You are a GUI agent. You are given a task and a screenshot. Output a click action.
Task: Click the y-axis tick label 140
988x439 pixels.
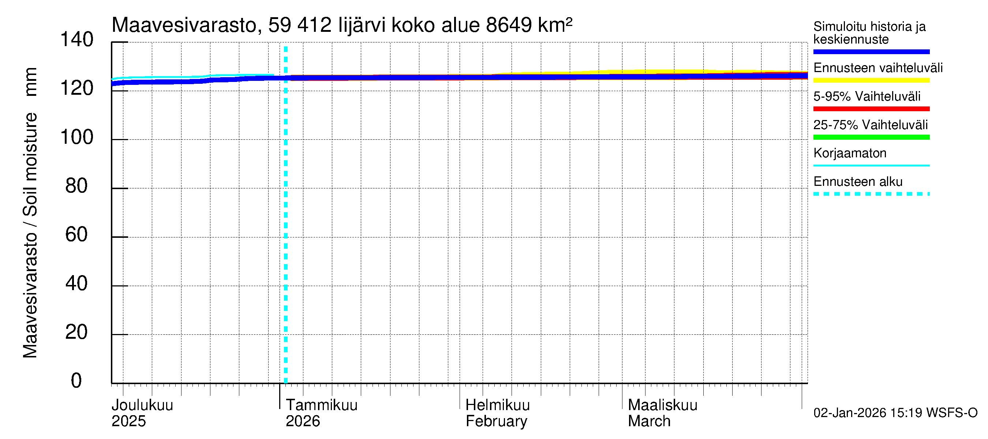pos(77,40)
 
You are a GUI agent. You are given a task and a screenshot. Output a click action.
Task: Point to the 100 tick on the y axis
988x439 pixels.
pos(77,137)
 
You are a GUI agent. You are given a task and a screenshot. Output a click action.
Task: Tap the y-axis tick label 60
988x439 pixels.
pos(76,234)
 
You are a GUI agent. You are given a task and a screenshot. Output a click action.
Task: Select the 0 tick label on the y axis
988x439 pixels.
pos(76,381)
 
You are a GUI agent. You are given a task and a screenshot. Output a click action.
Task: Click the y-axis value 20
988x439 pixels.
pos(76,332)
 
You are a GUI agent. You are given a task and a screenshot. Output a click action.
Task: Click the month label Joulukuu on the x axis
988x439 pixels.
pos(142,405)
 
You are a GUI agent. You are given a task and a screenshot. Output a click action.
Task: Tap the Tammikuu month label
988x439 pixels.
pos(321,405)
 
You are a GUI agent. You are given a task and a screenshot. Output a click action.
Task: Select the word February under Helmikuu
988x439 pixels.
pos(496,421)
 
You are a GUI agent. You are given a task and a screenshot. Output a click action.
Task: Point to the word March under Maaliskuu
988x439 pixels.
pos(649,421)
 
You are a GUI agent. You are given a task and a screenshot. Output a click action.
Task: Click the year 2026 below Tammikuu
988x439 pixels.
pos(303,421)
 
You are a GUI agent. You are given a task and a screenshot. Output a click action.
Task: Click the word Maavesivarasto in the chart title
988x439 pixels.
pos(184,25)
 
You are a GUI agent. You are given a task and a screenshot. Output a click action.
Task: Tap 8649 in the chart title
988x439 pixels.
pos(509,25)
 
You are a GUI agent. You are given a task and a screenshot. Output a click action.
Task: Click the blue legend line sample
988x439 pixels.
pos(871,52)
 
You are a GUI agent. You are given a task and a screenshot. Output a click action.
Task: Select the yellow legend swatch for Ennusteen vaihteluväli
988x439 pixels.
pos(871,80)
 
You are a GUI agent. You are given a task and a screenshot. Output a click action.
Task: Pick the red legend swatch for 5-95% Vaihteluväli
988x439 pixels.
pos(871,109)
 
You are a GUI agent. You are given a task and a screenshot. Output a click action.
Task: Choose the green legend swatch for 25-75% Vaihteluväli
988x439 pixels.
pos(871,137)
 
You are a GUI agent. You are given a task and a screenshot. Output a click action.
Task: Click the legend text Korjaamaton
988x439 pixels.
pos(850,153)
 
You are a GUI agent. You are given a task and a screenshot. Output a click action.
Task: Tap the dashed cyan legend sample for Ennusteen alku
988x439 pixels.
pos(871,194)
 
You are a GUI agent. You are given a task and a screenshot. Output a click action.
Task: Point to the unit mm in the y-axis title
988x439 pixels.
pos(31,82)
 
